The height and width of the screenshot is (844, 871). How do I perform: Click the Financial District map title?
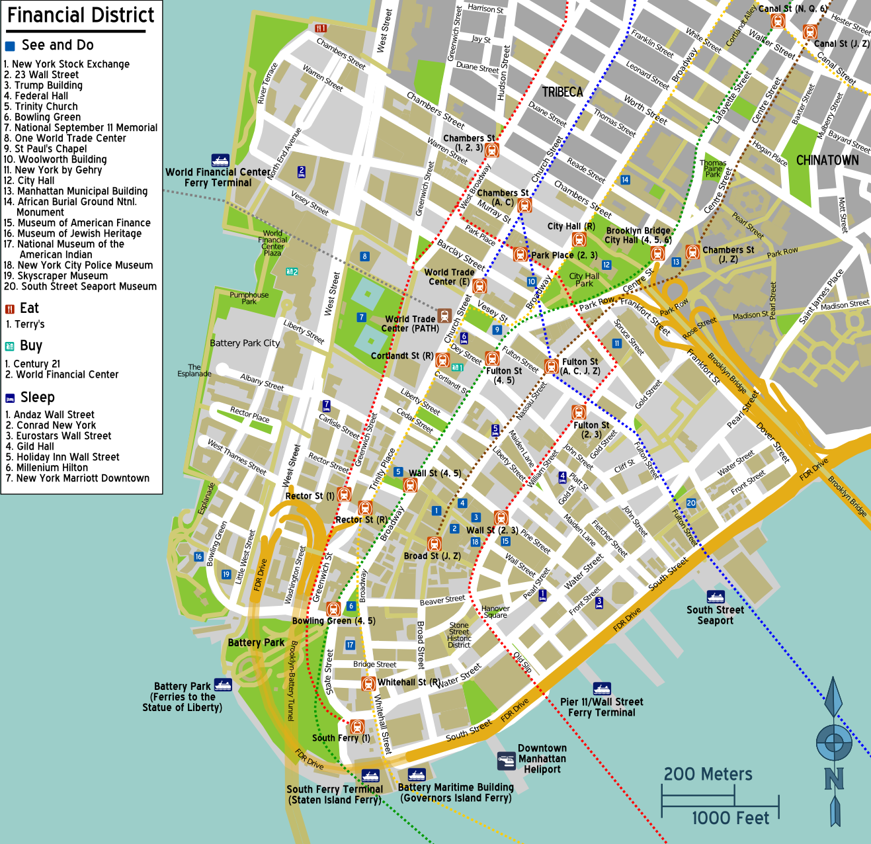coord(80,15)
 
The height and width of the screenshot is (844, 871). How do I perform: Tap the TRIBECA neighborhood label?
coord(562,92)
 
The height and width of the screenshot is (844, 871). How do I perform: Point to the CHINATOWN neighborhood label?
coord(827,160)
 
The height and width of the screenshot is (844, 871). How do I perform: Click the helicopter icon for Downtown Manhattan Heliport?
coord(507,761)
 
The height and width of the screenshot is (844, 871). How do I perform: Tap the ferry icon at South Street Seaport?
coord(716,597)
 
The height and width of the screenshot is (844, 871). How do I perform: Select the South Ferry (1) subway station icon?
coord(356,727)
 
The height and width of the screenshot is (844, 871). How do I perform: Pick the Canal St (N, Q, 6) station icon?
coord(778,21)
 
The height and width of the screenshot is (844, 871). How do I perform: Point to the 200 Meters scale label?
coord(708,774)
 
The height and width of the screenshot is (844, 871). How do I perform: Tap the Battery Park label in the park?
coord(256,642)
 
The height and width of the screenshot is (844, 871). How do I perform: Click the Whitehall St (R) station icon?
coord(368,683)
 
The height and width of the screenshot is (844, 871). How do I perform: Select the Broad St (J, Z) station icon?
coord(434,544)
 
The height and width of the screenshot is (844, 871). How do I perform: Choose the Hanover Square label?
coord(495,612)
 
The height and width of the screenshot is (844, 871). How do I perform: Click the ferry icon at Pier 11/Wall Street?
coord(601,689)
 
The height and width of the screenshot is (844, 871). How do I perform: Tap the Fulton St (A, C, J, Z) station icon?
coord(551,366)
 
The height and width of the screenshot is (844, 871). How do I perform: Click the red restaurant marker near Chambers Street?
coord(321,28)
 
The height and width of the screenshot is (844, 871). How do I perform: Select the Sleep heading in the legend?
coord(37,397)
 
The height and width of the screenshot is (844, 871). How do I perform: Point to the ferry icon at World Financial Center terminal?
coord(220,160)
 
